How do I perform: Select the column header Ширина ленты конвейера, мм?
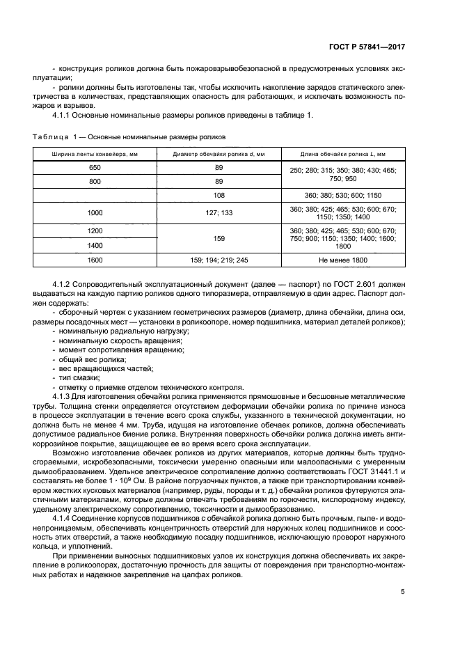pyautogui.click(x=95, y=153)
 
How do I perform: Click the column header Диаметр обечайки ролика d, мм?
pyautogui.click(x=219, y=153)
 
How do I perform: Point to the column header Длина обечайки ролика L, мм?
pyautogui.click(x=342, y=153)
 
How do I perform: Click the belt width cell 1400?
pyautogui.click(x=95, y=246)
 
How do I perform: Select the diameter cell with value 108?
pyautogui.click(x=219, y=196)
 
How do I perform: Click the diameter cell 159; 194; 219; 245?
pyautogui.click(x=219, y=260)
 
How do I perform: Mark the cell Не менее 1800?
pyautogui.click(x=342, y=260)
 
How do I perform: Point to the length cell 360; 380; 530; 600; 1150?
pyautogui.click(x=342, y=196)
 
